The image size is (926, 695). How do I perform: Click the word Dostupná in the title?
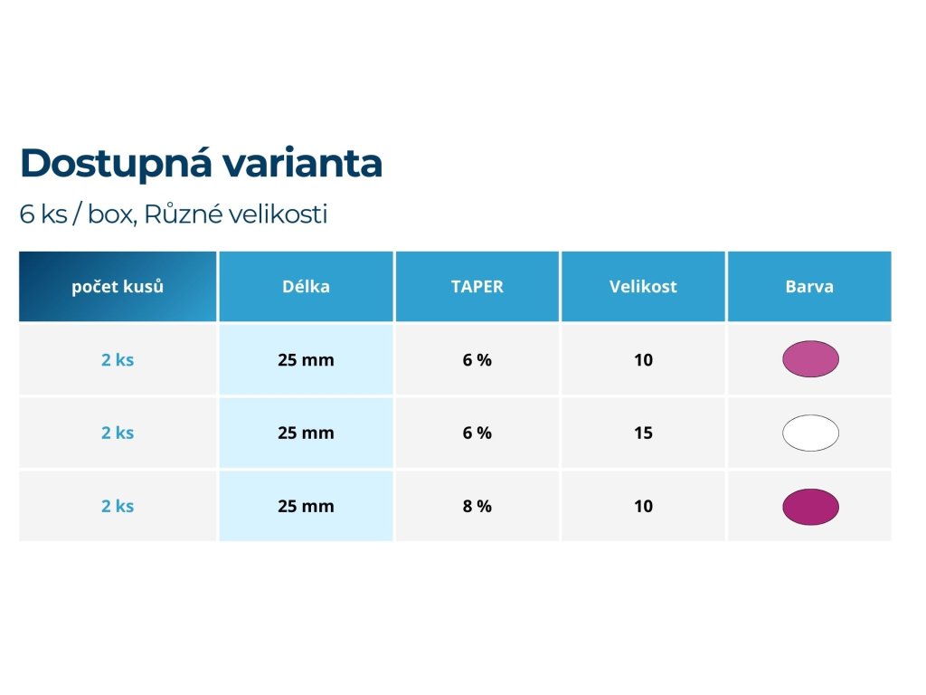(115, 164)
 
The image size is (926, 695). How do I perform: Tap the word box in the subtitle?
(112, 214)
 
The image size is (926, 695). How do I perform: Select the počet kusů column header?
(118, 287)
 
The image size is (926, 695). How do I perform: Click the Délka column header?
(306, 287)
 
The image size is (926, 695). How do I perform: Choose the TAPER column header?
(477, 287)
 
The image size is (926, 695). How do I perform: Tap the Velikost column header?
(643, 287)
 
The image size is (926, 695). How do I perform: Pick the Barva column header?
(809, 287)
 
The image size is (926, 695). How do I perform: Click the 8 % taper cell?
(477, 506)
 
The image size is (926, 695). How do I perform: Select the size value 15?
(643, 433)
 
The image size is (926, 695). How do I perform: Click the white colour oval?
(810, 433)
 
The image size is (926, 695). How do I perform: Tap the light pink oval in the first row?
(810, 358)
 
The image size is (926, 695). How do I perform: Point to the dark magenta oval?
(810, 507)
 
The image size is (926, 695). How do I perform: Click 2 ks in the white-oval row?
(118, 433)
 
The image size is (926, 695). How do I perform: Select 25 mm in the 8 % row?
(306, 506)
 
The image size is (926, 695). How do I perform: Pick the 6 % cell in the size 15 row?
(477, 433)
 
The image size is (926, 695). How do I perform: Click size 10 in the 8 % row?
(643, 506)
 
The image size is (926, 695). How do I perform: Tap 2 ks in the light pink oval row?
(118, 359)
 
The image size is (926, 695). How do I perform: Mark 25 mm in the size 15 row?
(306, 433)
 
